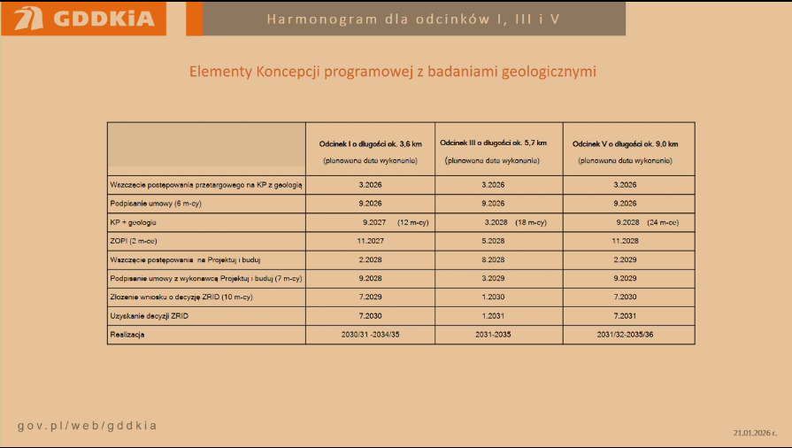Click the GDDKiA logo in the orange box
85,19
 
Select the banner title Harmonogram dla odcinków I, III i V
413,19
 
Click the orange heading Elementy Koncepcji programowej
393,71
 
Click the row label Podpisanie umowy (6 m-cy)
146,204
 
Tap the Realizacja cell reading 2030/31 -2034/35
370,335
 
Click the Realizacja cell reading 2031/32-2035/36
625,335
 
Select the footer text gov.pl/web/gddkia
88,426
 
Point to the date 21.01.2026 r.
755,433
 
